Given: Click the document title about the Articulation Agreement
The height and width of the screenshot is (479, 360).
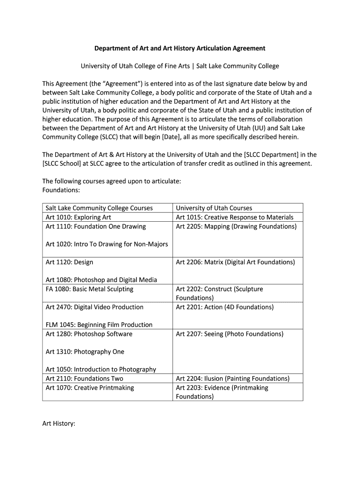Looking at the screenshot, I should [x=180, y=48].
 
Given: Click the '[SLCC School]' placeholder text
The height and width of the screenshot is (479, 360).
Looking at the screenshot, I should [x=62, y=163].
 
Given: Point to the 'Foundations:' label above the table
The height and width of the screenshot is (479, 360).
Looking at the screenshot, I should [x=61, y=190].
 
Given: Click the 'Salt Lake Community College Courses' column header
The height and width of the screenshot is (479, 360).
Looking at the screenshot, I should [x=99, y=208].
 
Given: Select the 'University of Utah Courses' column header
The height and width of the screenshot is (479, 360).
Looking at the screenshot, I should [x=214, y=208].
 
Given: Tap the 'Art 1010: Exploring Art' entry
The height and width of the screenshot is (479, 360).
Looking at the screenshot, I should [x=79, y=217].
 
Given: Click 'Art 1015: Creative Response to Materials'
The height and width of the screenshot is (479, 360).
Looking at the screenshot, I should [x=235, y=217].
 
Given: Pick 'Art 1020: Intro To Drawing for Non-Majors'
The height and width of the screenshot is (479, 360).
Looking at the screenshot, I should [x=107, y=244].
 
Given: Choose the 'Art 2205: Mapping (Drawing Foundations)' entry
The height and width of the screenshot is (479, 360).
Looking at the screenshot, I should [x=236, y=226].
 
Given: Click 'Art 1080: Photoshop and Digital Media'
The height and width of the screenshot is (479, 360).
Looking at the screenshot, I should [x=101, y=280].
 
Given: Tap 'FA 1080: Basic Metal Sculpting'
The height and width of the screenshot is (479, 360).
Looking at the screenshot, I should [x=89, y=289].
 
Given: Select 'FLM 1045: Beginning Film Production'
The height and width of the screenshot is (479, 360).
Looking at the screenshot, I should [x=99, y=325].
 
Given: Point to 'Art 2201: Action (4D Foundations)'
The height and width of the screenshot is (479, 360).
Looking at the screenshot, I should [x=225, y=307].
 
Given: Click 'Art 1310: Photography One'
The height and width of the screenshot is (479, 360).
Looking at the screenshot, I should [x=85, y=352].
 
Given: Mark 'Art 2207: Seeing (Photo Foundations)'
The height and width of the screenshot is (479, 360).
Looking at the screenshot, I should [x=230, y=334].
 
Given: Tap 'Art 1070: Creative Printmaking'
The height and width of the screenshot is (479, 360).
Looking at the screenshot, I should [x=90, y=388].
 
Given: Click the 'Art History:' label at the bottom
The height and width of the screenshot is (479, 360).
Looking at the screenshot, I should [x=59, y=423].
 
